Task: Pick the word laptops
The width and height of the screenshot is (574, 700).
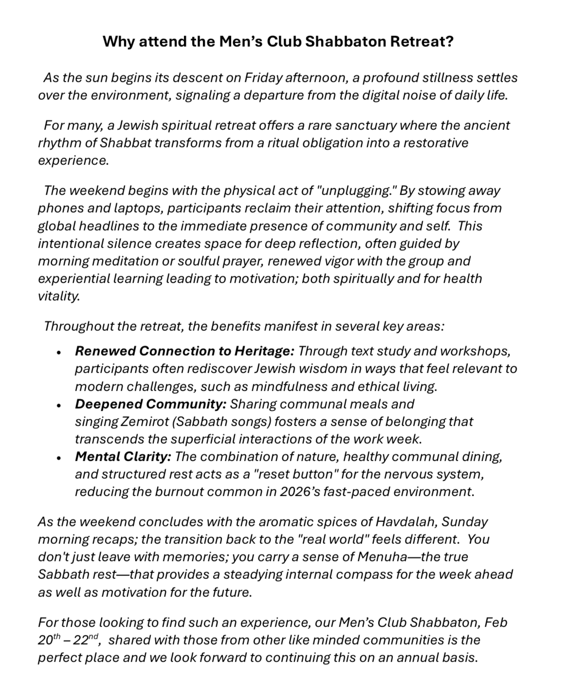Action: tap(127, 208)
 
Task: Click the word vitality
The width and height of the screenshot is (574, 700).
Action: tap(58, 296)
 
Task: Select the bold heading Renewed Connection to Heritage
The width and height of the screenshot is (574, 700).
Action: tap(185, 351)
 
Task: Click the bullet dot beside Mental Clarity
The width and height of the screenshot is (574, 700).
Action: tap(59, 458)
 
